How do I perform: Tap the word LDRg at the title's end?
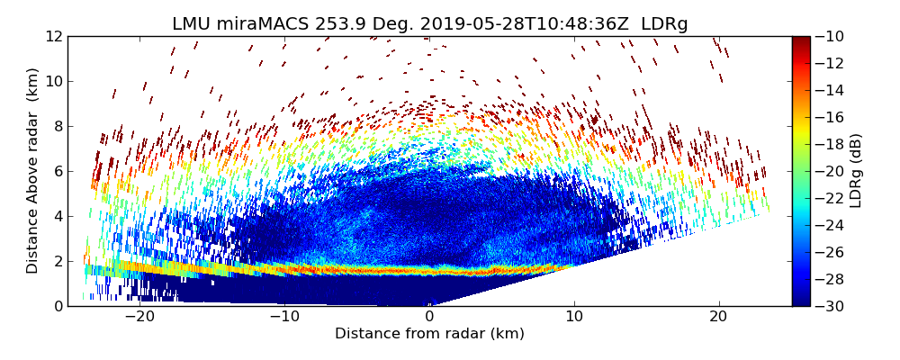click(x=664, y=24)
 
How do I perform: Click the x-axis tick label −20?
click(x=139, y=317)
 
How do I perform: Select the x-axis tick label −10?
click(x=284, y=317)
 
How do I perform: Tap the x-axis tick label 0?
click(x=429, y=317)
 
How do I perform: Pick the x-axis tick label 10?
click(x=574, y=317)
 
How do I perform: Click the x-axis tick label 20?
click(x=719, y=317)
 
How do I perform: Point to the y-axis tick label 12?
click(x=54, y=36)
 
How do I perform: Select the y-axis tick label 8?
click(x=58, y=126)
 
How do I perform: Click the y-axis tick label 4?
click(x=58, y=216)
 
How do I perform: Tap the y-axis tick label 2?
click(x=58, y=261)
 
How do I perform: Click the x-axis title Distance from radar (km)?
click(x=429, y=334)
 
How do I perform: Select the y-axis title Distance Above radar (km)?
click(x=32, y=171)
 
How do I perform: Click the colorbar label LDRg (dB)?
click(x=856, y=171)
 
